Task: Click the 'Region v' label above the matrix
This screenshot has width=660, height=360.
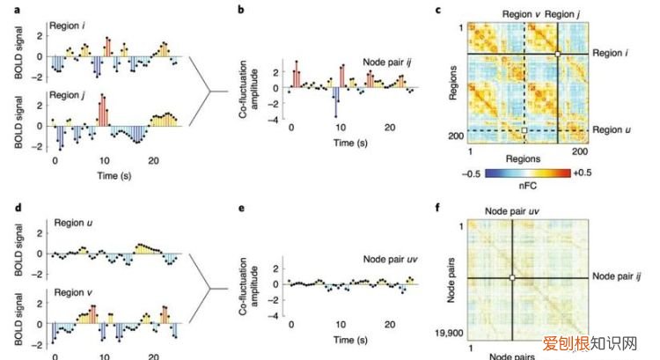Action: click(521, 14)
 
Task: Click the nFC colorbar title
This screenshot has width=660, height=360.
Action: click(524, 186)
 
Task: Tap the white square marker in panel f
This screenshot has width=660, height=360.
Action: click(511, 279)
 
